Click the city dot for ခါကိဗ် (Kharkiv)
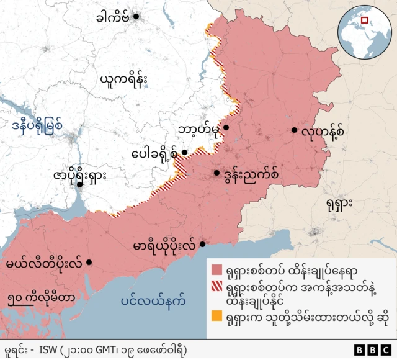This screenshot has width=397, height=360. click(x=136, y=16)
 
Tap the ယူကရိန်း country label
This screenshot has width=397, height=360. click(x=130, y=79)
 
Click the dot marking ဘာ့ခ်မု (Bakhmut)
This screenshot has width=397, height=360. click(x=226, y=128)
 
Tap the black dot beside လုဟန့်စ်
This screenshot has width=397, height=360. click(x=294, y=130)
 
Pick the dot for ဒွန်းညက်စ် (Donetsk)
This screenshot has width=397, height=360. click(x=216, y=173)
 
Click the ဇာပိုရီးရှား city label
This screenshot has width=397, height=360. click(x=79, y=175)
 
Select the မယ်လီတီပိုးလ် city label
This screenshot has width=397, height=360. click(x=43, y=263)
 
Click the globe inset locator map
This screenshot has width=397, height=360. click(x=361, y=29)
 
